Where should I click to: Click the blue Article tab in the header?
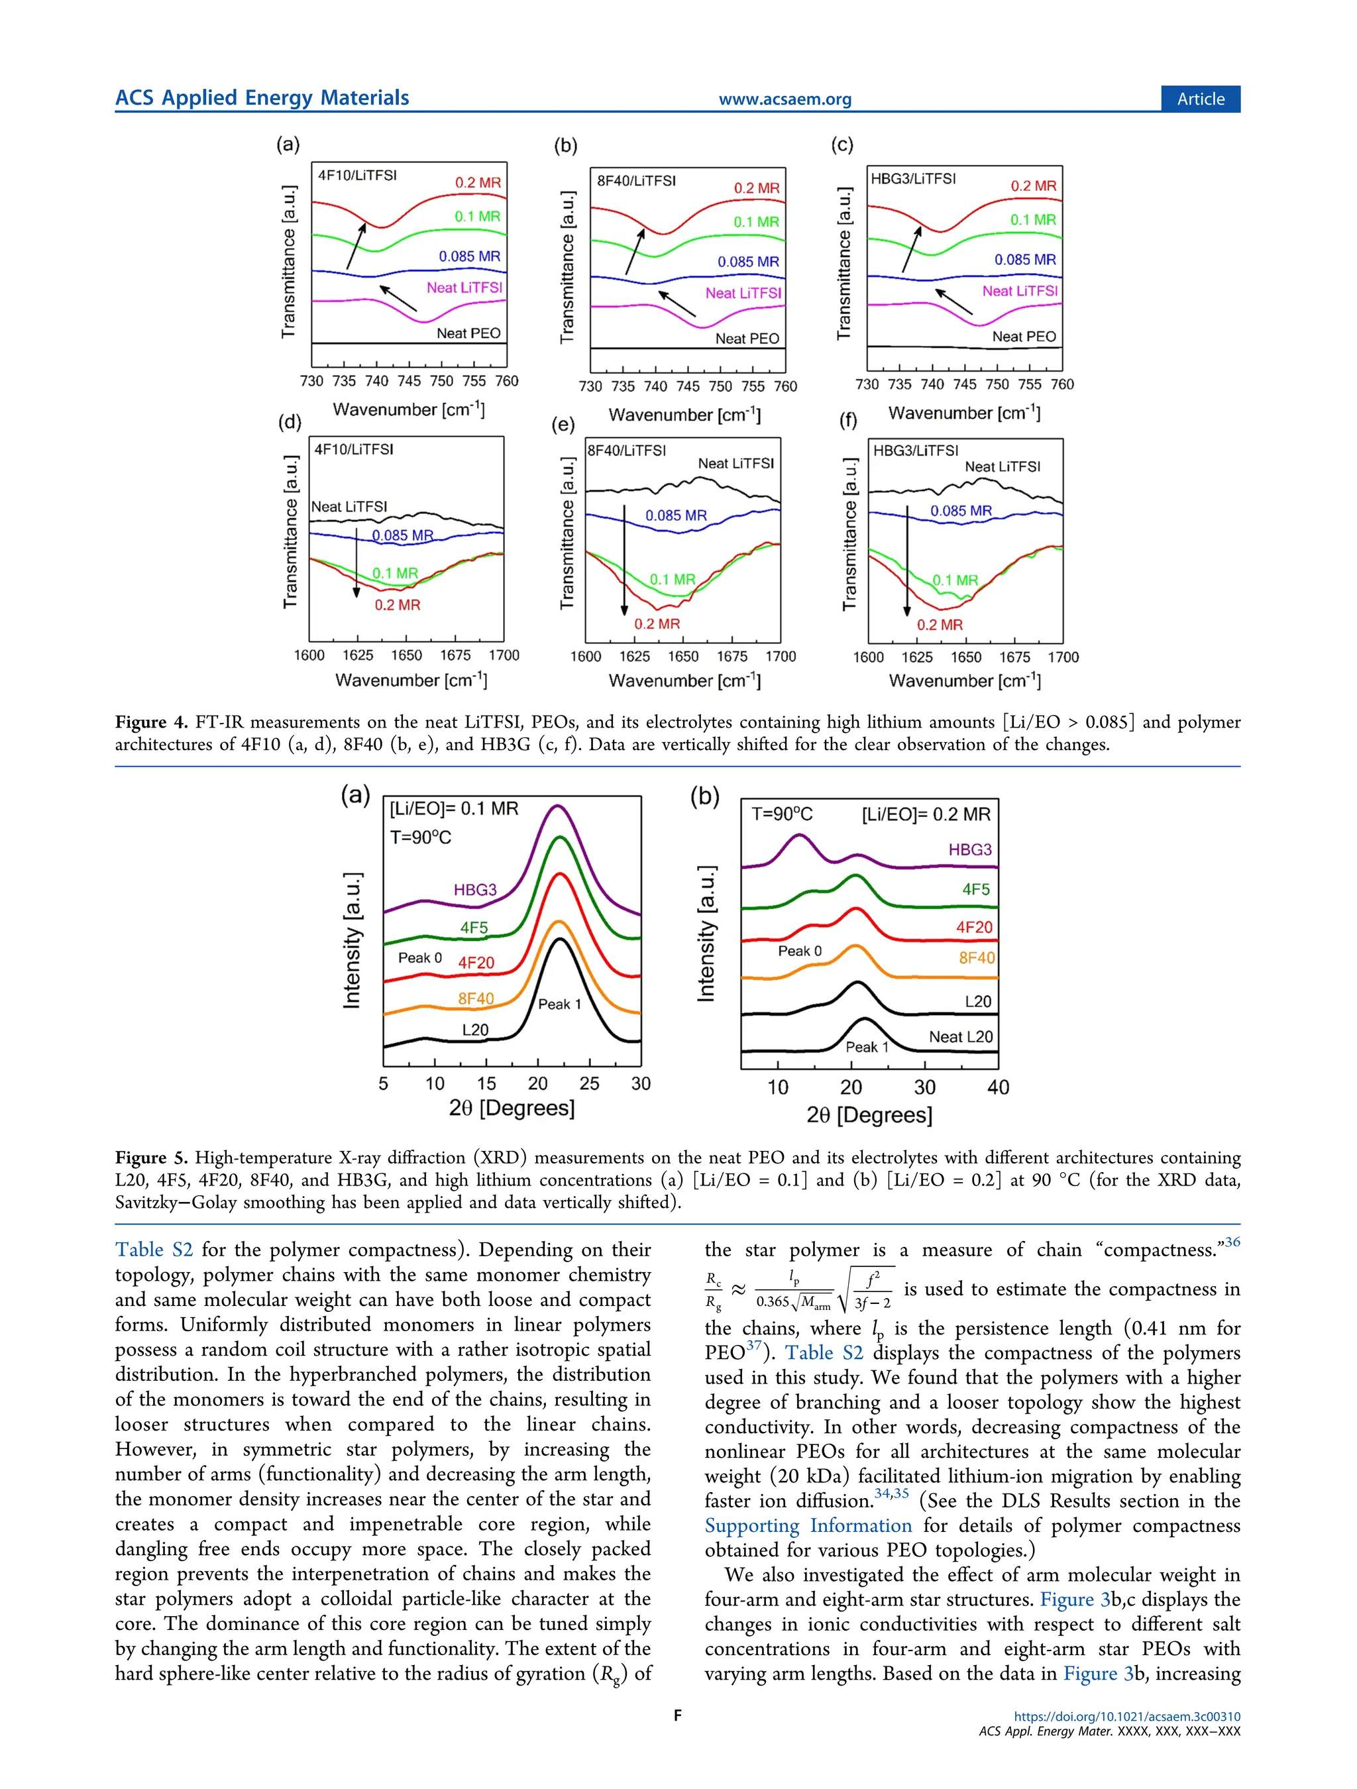tap(1200, 99)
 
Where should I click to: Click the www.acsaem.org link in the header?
tap(785, 99)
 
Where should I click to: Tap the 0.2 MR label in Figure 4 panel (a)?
tap(477, 183)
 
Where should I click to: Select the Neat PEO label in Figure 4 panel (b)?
tap(747, 339)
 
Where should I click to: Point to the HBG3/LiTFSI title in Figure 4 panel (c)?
tap(913, 179)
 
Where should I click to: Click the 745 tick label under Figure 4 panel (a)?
tap(409, 381)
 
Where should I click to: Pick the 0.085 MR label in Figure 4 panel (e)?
tap(675, 515)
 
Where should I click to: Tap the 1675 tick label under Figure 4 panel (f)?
tap(1014, 657)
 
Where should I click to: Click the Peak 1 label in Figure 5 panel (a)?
tap(560, 1004)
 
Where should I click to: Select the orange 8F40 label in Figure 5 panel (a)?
tap(476, 999)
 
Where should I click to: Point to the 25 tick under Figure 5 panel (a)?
tap(590, 1084)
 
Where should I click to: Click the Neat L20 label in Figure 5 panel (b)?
tap(960, 1037)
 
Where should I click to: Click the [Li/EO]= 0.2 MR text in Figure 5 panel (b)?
tap(926, 814)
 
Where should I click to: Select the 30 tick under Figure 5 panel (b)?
tap(924, 1088)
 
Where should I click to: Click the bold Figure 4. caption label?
tap(151, 722)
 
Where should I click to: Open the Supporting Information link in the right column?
tap(808, 1525)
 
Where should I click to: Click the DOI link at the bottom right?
tap(1126, 1716)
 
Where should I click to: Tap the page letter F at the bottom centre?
tap(678, 1715)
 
